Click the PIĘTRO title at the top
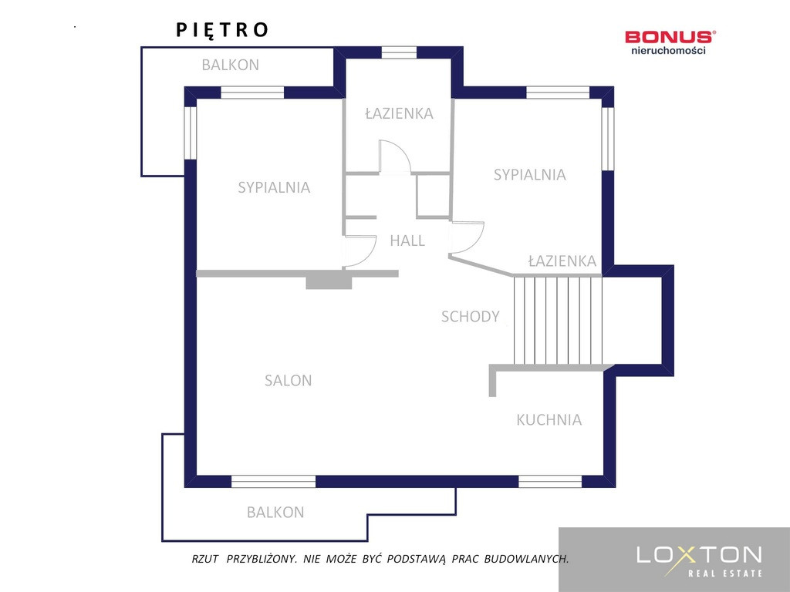click(x=221, y=30)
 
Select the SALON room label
click(x=289, y=381)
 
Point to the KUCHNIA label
click(x=549, y=420)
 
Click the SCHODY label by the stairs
click(x=470, y=317)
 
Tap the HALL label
click(x=407, y=240)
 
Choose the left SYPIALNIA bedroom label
click(x=274, y=187)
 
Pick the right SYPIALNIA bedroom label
click(x=529, y=175)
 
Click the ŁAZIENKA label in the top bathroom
click(x=399, y=113)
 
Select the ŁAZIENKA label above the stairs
click(x=562, y=261)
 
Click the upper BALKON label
click(x=230, y=65)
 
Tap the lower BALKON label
click(x=275, y=513)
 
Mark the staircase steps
click(x=558, y=320)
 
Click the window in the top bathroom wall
click(x=399, y=52)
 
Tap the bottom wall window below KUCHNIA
click(x=550, y=481)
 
